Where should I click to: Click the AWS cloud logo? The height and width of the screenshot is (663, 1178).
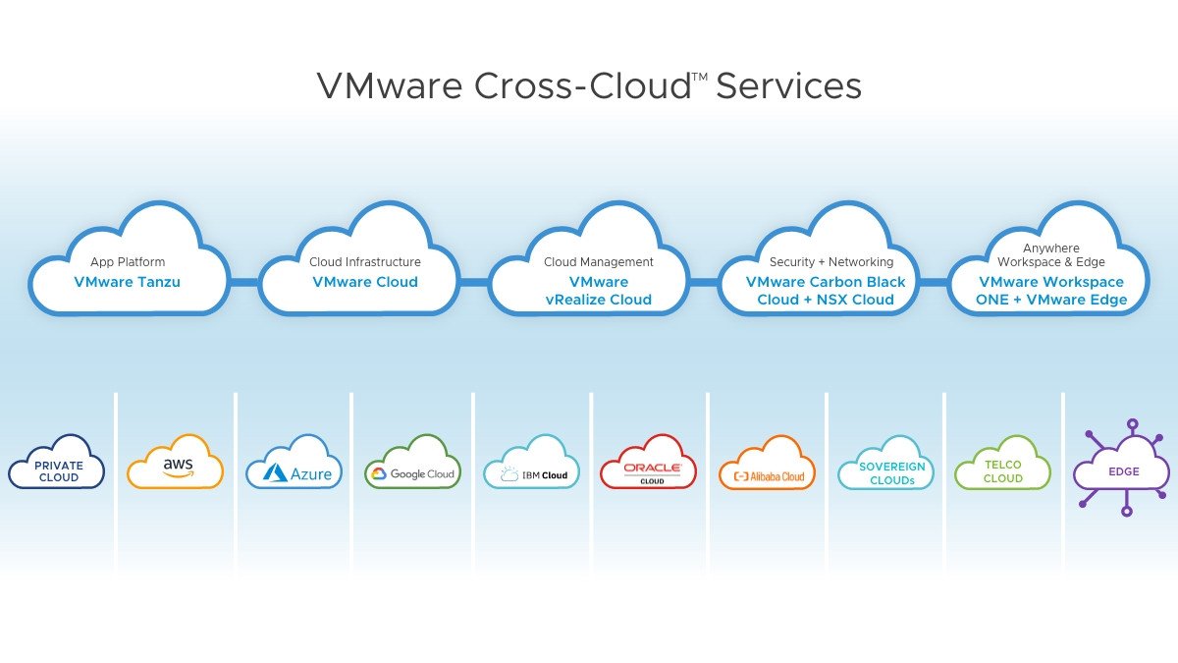click(175, 466)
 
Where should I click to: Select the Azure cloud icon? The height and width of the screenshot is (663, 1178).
click(294, 466)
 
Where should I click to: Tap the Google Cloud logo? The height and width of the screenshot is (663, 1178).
click(412, 466)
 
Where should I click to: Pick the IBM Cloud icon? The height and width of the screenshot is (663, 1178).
click(531, 466)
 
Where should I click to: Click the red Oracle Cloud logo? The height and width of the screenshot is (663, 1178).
click(648, 466)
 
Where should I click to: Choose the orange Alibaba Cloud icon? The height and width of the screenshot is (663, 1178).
click(767, 466)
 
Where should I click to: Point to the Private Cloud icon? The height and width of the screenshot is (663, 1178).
click(57, 466)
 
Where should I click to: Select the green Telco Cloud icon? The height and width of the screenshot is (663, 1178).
click(1002, 466)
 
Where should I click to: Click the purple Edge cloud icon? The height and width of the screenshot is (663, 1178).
click(1122, 471)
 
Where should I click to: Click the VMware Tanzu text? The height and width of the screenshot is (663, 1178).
click(128, 282)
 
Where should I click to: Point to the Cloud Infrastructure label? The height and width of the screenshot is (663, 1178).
click(365, 262)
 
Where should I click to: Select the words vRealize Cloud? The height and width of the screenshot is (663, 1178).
click(599, 300)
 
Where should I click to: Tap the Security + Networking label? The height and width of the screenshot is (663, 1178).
click(831, 262)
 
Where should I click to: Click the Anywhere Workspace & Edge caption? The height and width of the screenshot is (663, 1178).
click(1051, 255)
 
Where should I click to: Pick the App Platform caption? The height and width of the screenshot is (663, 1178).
click(128, 262)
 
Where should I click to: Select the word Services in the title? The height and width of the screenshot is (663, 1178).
click(788, 86)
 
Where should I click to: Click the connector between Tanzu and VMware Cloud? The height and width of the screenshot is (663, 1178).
click(243, 282)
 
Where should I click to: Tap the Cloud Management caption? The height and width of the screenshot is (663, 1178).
click(599, 262)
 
